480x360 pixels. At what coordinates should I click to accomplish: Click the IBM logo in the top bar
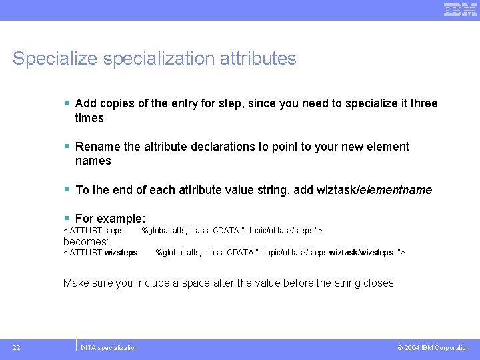460,9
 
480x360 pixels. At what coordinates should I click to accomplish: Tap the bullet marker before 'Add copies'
67,103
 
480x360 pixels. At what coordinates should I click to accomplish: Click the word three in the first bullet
423,103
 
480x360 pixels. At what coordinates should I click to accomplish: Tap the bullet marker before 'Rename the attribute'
67,147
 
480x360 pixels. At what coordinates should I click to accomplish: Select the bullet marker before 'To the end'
67,190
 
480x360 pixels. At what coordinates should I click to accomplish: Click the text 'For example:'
110,219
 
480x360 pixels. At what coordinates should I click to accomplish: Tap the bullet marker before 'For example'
67,219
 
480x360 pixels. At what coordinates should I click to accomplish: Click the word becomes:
86,241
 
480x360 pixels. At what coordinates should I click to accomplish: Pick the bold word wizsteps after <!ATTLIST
121,253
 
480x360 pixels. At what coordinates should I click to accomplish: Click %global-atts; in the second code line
179,253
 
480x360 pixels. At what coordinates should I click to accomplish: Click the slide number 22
16,347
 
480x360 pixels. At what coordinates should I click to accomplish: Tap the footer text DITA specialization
109,348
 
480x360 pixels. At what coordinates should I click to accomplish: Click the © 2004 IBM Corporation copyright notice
433,348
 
